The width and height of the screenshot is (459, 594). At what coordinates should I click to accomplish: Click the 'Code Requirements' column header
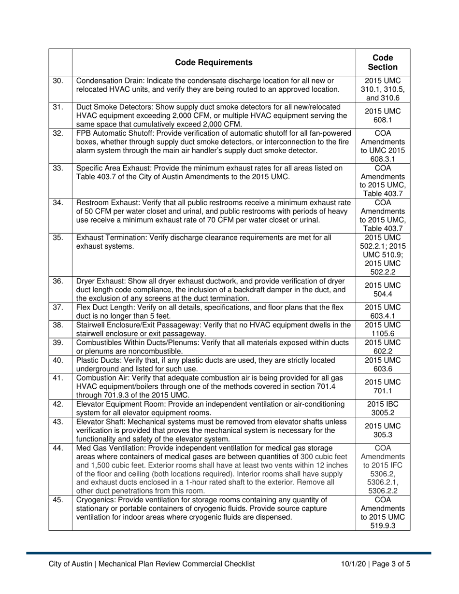[214, 62]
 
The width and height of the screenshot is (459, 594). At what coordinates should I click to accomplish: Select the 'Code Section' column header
[383, 62]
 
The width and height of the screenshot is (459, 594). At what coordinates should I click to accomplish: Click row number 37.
[58, 307]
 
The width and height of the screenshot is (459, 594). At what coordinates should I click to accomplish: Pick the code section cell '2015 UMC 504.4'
[383, 289]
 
